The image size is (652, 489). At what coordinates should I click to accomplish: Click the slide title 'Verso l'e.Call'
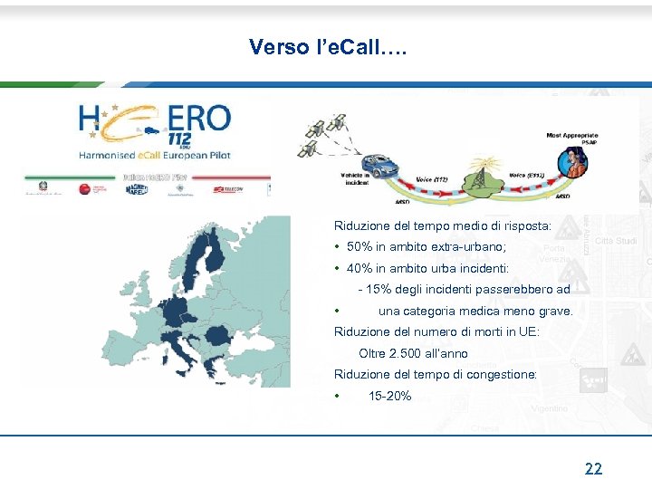pos(328,47)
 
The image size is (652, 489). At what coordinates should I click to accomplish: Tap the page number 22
pos(593,468)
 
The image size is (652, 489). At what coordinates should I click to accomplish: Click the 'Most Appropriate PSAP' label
pos(571,139)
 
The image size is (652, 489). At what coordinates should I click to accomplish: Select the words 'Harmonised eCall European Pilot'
pos(155,155)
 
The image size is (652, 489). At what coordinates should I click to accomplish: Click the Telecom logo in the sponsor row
pos(227,189)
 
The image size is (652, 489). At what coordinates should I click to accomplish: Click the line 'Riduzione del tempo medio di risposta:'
pos(442,226)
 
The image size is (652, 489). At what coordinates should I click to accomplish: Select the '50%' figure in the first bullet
pos(359,247)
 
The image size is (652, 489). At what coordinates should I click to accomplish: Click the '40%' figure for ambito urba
pos(359,269)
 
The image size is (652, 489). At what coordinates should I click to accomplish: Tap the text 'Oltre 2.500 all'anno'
pos(413,353)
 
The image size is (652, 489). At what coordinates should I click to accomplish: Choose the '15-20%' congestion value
pos(390,396)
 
